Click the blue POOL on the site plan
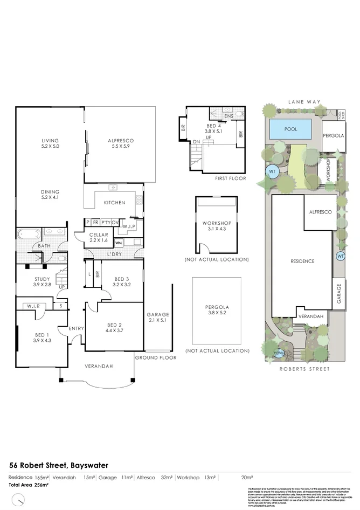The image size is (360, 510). click(290, 129)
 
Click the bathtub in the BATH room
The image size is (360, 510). click(26, 235)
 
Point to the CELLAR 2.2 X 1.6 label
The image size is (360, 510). click(99, 238)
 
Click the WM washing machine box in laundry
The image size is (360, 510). click(119, 243)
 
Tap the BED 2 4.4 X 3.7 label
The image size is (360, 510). click(114, 328)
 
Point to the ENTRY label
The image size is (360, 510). click(76, 328)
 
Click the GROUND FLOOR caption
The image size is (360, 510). click(156, 357)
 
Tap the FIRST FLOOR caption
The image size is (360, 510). click(230, 178)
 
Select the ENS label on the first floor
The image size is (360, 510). click(229, 116)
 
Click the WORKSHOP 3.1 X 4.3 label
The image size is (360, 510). click(217, 226)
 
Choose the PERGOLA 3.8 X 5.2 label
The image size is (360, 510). click(217, 310)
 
